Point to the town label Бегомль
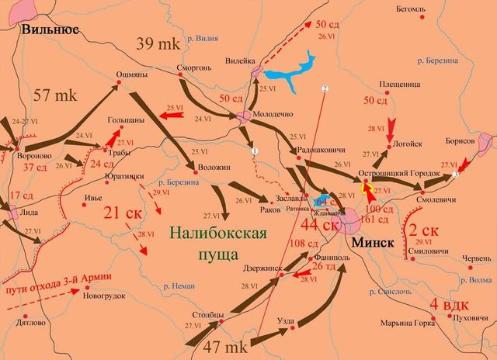(x=411, y=10)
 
